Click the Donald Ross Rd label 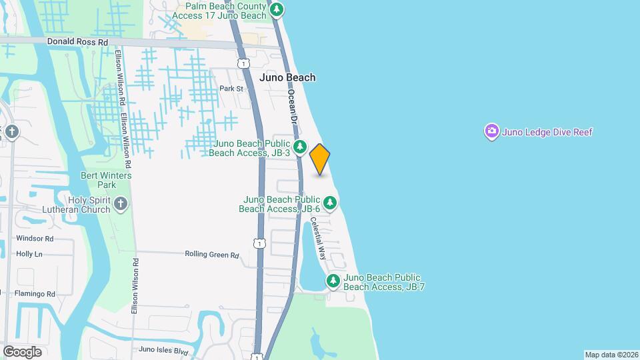click(x=77, y=41)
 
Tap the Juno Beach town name click(x=287, y=77)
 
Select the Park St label click(x=229, y=89)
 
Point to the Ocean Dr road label click(x=292, y=106)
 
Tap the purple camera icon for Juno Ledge click(x=491, y=131)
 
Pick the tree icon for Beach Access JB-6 click(x=329, y=202)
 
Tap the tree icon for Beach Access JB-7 click(x=333, y=281)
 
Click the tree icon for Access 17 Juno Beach click(x=277, y=9)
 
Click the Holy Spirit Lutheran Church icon click(x=120, y=203)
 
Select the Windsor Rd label click(x=35, y=238)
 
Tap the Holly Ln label click(x=29, y=254)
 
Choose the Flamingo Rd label click(x=36, y=293)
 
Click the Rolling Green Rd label click(x=211, y=255)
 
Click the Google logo click(x=22, y=351)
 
